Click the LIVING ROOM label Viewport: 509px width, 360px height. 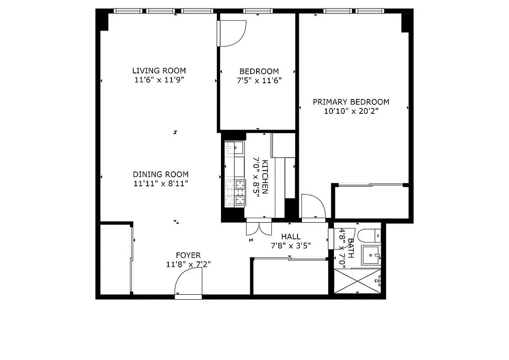point(159,71)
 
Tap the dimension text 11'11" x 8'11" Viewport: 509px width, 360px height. point(161,183)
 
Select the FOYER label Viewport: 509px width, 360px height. point(188,255)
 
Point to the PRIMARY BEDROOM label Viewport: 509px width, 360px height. point(351,102)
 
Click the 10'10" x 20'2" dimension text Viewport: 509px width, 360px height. point(351,111)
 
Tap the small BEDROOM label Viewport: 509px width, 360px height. point(259,71)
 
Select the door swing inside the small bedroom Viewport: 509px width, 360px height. point(232,34)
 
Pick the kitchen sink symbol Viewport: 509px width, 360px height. point(234,148)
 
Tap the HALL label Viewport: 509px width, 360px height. point(291,237)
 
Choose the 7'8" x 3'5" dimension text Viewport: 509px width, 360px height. point(291,246)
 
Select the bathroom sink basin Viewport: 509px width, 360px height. point(372,255)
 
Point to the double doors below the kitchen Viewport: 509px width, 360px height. point(259,228)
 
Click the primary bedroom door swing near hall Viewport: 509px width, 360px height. point(313,207)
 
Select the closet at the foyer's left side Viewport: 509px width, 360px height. point(115,259)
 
